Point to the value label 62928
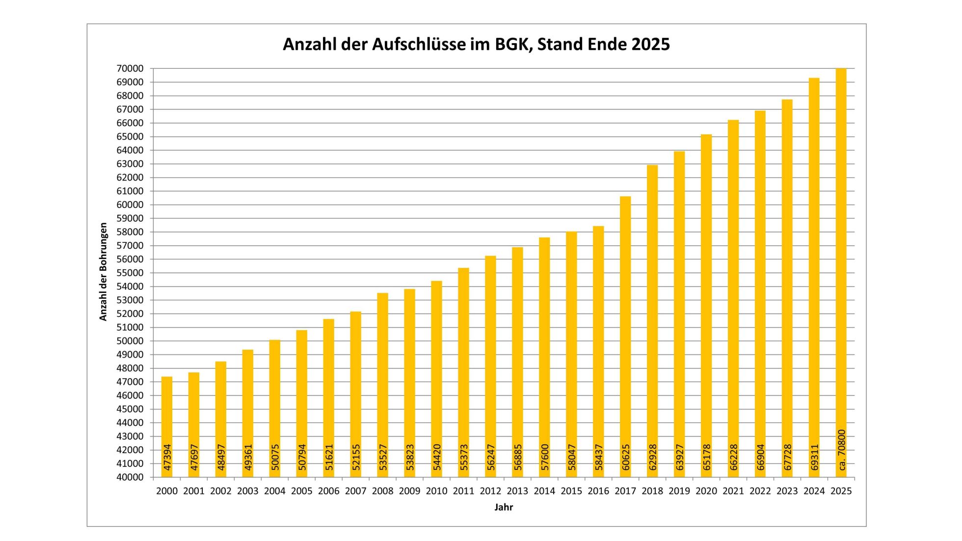pyautogui.click(x=653, y=458)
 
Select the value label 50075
pyautogui.click(x=275, y=458)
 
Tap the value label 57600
pyautogui.click(x=545, y=458)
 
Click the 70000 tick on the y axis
pyautogui.click(x=130, y=69)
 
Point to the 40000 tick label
pyautogui.click(x=130, y=477)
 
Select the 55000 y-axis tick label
pyautogui.click(x=130, y=273)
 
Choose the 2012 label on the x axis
pyautogui.click(x=490, y=491)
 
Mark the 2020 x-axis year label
pyautogui.click(x=706, y=491)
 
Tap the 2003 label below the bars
pyautogui.click(x=248, y=491)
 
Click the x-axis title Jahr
pyautogui.click(x=504, y=508)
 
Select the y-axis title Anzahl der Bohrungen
pyautogui.click(x=103, y=272)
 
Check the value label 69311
pyautogui.click(x=815, y=458)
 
